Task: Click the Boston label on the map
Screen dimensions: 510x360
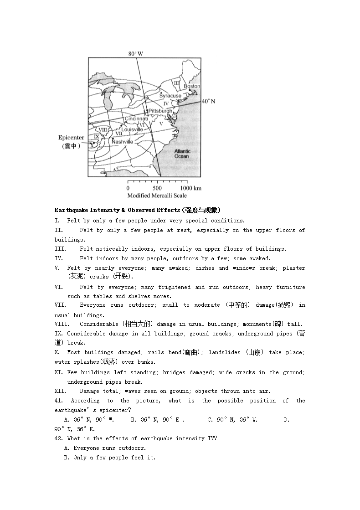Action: point(192,86)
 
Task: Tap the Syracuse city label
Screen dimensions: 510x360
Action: point(170,96)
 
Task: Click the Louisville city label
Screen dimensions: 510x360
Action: point(132,129)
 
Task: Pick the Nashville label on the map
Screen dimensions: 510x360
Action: point(122,142)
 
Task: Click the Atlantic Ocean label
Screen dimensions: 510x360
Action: point(182,154)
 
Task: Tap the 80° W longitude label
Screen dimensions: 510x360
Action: point(135,54)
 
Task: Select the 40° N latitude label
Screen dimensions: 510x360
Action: point(208,101)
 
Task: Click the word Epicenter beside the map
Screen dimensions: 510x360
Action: point(71,138)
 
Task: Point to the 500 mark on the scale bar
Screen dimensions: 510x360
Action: point(157,188)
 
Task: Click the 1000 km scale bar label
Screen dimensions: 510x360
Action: point(191,188)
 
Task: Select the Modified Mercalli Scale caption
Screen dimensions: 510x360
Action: point(157,196)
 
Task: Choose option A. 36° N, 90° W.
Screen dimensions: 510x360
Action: point(89,420)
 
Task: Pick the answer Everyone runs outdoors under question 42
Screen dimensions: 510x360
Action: point(105,448)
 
